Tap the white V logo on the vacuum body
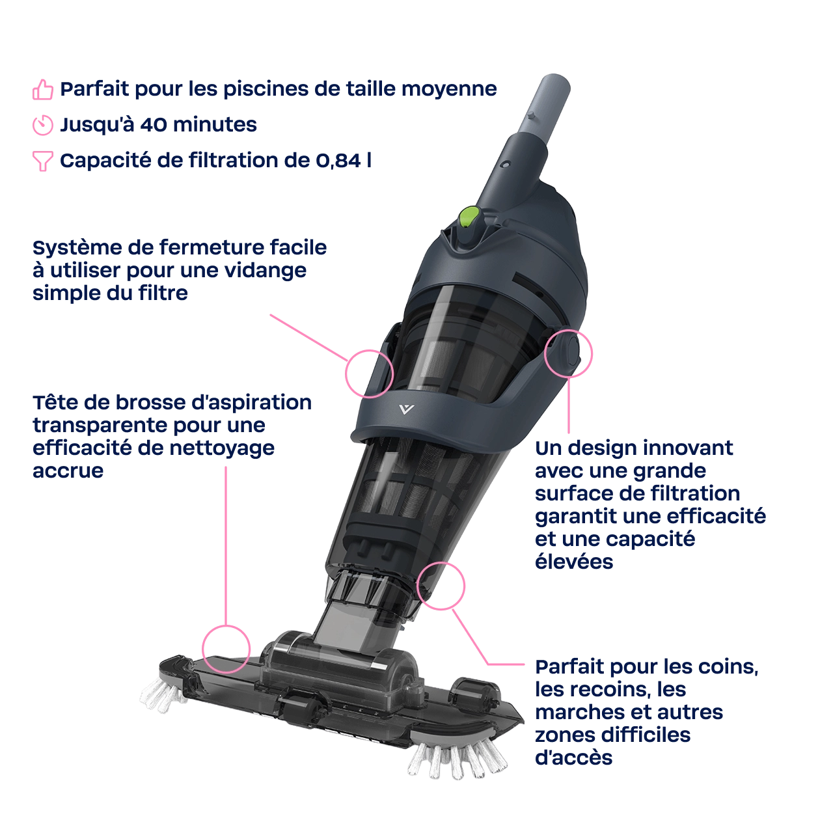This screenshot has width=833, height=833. [407, 409]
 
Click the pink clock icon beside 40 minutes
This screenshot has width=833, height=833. [43, 125]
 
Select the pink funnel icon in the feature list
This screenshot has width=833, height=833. [43, 160]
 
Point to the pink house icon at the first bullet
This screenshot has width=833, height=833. [43, 90]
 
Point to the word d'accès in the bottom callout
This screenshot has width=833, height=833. [573, 758]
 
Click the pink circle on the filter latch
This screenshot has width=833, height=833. [368, 372]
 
